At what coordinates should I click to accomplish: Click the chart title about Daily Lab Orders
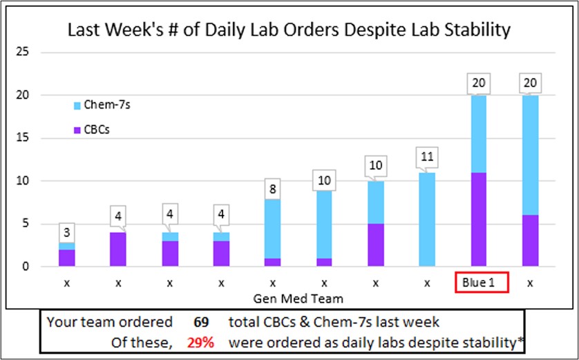pos(289,30)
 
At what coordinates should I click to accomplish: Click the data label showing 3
pos(67,231)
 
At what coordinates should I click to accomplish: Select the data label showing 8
pos(273,188)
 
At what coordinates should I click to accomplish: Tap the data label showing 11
pos(427,158)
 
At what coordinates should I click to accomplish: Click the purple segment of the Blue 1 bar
pos(479,219)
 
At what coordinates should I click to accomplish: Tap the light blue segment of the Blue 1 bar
pos(479,133)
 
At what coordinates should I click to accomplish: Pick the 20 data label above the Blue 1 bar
pos(479,84)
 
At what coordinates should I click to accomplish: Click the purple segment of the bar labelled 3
pos(67,258)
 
